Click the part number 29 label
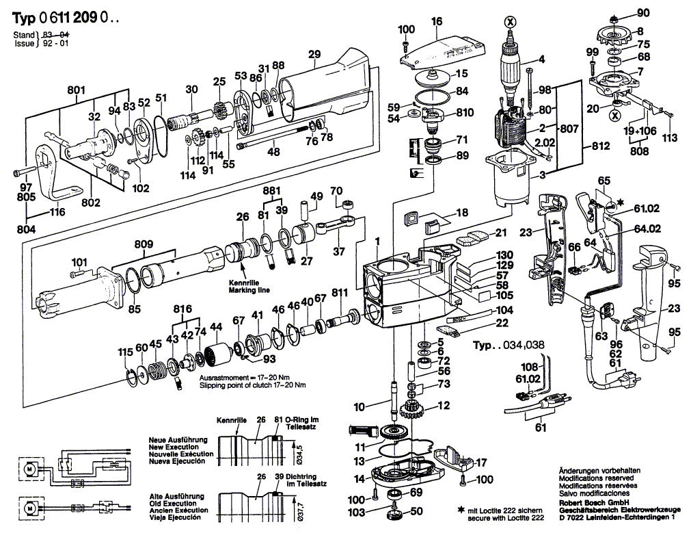pos(314,55)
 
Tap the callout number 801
pos(76,89)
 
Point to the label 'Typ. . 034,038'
pos(509,345)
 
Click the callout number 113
pos(670,138)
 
